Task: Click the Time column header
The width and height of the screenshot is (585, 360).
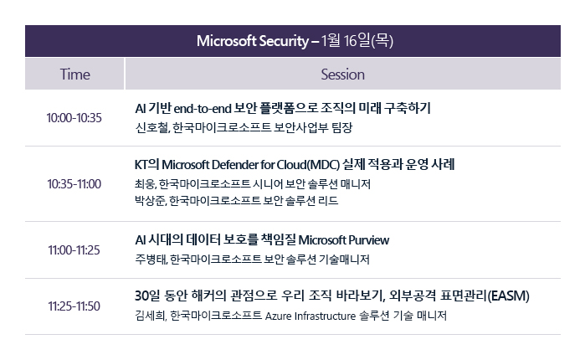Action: [x=75, y=75]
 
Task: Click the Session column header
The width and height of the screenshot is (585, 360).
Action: [x=342, y=75]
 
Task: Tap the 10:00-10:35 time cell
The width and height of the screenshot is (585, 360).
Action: [x=74, y=118]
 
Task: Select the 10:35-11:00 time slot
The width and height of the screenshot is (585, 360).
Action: [x=74, y=184]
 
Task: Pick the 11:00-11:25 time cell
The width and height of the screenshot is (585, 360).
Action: [x=74, y=250]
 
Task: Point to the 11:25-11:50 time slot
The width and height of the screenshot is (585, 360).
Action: [x=74, y=306]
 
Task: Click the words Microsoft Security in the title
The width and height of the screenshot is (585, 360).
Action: [x=253, y=41]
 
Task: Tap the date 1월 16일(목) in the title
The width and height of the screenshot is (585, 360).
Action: [x=357, y=40]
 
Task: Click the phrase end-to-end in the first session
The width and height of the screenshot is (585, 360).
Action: [x=203, y=109]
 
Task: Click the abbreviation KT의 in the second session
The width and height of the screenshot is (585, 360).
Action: [x=146, y=165]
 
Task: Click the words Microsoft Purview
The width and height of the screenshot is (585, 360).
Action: [x=344, y=240]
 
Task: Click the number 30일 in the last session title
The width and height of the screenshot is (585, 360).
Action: [x=147, y=296]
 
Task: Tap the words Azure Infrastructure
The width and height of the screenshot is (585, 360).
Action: [x=310, y=316]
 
